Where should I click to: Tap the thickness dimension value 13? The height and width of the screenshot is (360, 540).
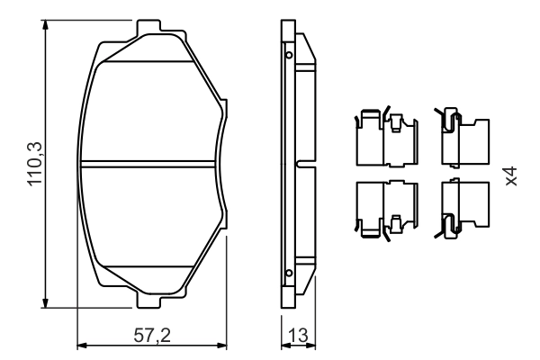pyautogui.click(x=296, y=336)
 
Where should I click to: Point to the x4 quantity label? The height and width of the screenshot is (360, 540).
pyautogui.click(x=510, y=175)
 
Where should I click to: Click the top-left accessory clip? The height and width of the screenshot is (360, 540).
pyautogui.click(x=386, y=138)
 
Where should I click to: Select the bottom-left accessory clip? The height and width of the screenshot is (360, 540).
pyautogui.click(x=386, y=209)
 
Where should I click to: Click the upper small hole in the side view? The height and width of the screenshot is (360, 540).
pyautogui.click(x=288, y=55)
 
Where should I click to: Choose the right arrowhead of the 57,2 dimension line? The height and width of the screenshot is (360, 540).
pyautogui.click(x=225, y=346)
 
